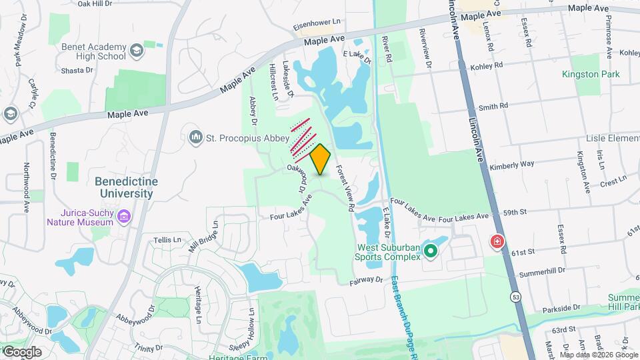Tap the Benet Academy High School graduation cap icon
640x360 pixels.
point(136,51)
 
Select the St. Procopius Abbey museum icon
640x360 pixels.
point(195,137)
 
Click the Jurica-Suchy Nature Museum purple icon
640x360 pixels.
point(123,216)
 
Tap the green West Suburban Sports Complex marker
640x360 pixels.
point(431,251)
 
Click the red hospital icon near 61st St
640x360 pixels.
point(497,242)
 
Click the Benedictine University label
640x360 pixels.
point(124,187)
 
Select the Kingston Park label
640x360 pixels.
point(590,74)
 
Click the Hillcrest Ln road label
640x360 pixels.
point(272,83)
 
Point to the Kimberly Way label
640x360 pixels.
point(512,164)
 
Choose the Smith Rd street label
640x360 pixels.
point(493,106)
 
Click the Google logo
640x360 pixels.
point(21,352)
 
